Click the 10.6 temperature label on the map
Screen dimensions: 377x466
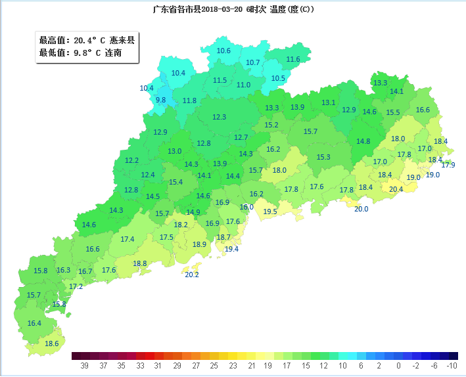(223, 51)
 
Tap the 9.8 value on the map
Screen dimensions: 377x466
(161, 100)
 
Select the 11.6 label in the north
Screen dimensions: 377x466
(293, 60)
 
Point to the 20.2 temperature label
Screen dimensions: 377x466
(192, 275)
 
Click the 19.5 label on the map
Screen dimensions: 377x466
(270, 212)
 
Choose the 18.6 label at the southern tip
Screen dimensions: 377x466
(52, 344)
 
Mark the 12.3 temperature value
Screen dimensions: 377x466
(219, 118)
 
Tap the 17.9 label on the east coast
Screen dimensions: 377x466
(448, 166)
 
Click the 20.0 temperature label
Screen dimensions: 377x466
(361, 210)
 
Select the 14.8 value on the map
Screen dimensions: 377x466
(363, 142)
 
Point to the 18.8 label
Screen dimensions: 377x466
(140, 264)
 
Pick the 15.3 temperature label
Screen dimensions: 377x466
(323, 158)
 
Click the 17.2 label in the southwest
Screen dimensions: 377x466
(76, 287)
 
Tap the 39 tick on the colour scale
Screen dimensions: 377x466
(85, 365)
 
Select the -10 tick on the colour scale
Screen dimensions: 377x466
(452, 365)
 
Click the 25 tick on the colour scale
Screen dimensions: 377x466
(214, 365)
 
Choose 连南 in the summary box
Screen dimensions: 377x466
(114, 53)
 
